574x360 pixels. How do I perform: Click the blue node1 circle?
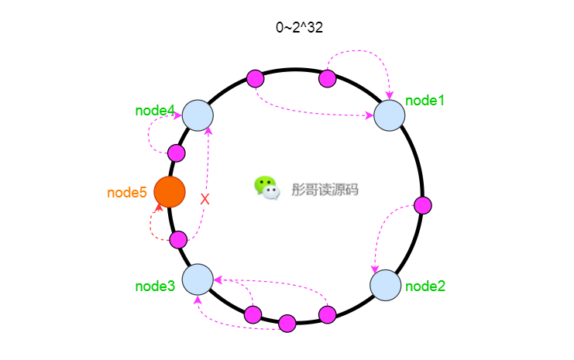point(389,115)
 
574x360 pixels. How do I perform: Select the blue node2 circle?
point(386,286)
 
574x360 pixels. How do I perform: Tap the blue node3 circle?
point(198,279)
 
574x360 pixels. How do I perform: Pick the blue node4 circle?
point(198,115)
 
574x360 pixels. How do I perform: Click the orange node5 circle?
point(170,192)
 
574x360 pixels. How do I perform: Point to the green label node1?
point(424,101)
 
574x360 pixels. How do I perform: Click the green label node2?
point(425,286)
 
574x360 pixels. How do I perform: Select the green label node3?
point(155,286)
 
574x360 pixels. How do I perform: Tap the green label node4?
point(155,111)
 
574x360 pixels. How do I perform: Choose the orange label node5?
point(127,193)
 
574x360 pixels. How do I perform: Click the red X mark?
point(205,200)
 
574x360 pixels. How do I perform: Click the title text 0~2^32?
point(299,27)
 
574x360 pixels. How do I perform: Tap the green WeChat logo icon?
point(267,187)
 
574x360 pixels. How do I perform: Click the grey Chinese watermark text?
point(325,190)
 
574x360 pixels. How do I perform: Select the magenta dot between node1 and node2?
point(423,205)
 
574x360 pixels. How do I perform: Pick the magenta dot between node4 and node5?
point(177,153)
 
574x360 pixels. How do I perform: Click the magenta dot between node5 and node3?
point(179,240)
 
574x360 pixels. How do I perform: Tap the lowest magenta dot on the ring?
point(287,324)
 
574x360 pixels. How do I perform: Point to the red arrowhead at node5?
point(159,207)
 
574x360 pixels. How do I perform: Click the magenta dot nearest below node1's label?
point(423,205)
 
